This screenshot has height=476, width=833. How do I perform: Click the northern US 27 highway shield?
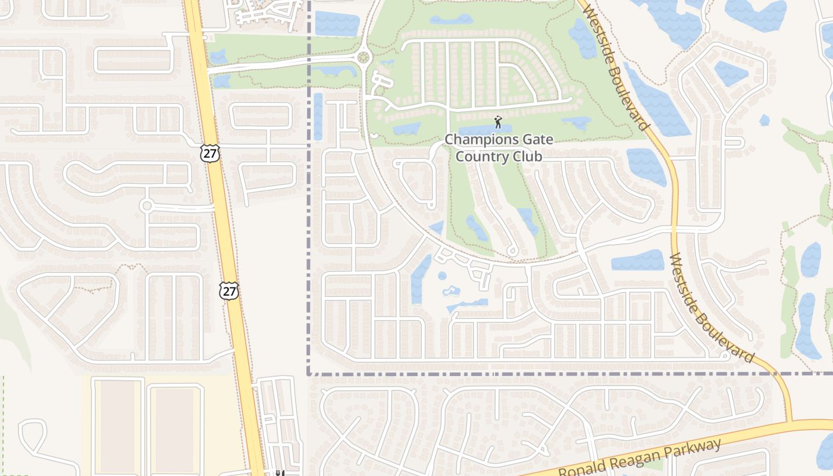[209, 152]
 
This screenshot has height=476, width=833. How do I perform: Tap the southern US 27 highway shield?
[229, 290]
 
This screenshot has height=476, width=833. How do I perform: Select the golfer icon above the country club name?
[498, 123]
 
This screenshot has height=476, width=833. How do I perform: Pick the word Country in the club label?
[480, 157]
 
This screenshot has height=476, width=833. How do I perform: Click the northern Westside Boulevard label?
[616, 65]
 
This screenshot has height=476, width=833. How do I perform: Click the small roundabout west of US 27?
[146, 206]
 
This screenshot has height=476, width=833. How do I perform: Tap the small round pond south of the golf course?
[442, 276]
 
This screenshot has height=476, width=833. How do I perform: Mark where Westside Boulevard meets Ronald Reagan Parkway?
[791, 422]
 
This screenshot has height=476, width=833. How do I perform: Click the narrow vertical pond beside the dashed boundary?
[318, 116]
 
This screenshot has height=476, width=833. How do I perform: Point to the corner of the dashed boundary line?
[308, 374]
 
